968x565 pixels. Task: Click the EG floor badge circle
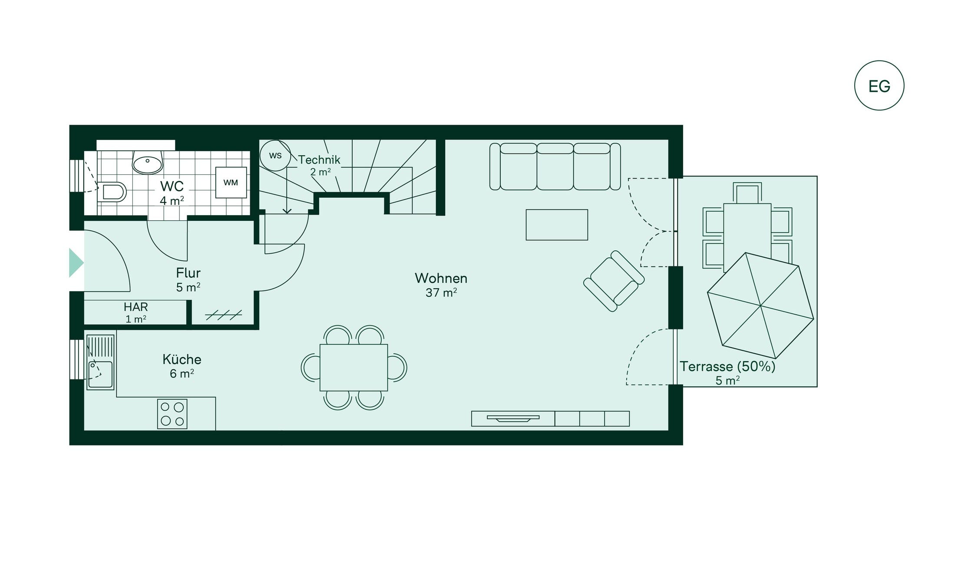point(879,86)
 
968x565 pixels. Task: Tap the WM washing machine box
point(231,183)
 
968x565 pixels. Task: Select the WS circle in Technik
point(275,156)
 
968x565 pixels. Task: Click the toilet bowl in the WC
point(112,192)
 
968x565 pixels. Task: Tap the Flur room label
point(188,273)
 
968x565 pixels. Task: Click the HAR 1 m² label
point(135,312)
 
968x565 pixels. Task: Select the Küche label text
point(182,359)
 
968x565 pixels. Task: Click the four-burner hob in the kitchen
point(172,414)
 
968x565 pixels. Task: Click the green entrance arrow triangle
point(76,263)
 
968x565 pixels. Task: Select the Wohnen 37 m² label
point(441,285)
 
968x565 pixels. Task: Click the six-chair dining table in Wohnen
point(354,368)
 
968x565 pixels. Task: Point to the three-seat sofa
point(555,167)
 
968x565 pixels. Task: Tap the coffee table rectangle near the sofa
point(556,225)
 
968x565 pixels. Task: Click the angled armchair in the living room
point(613,281)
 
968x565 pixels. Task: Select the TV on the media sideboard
point(512,419)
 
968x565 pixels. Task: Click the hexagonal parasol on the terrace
point(760,306)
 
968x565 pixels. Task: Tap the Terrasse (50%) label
point(727,367)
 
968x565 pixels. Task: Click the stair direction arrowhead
point(287,211)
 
